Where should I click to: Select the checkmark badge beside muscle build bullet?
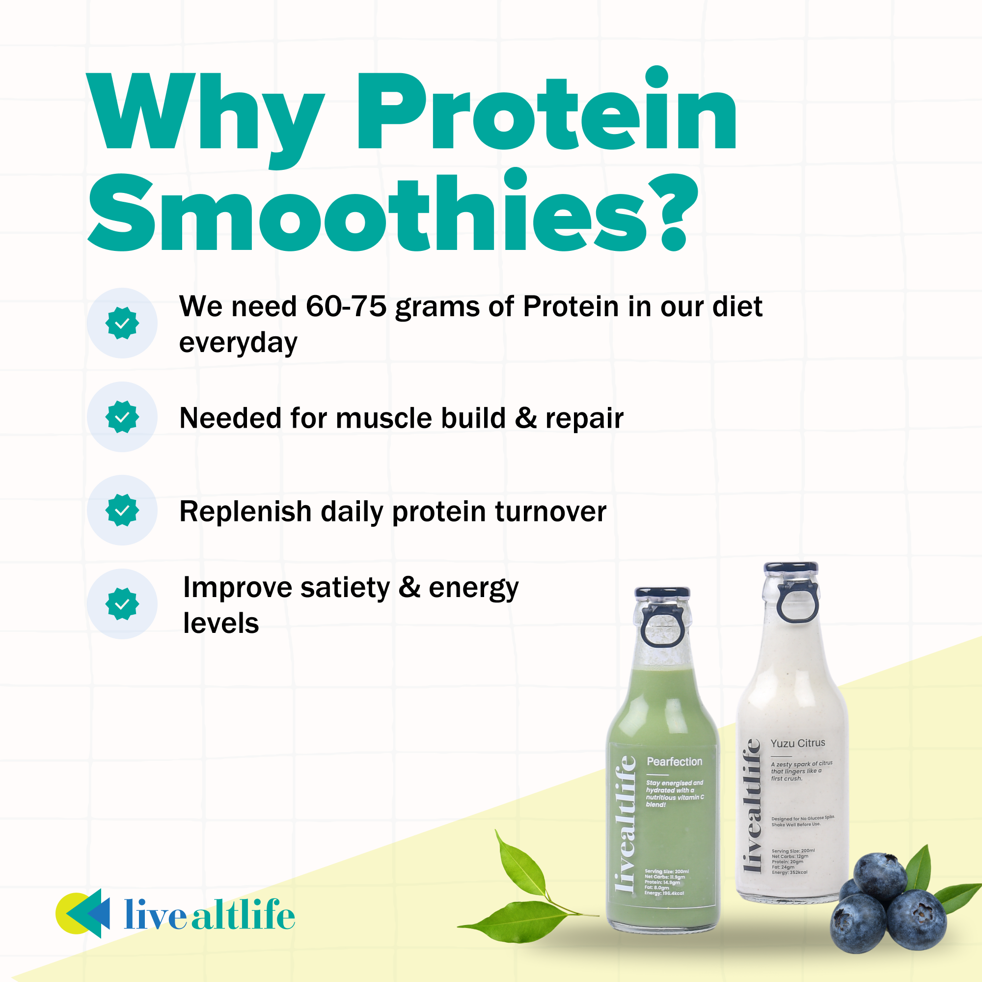pyautogui.click(x=122, y=417)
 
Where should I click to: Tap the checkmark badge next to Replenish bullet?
pyautogui.click(x=122, y=510)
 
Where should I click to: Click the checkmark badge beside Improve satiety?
pyautogui.click(x=122, y=604)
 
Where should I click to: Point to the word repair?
pyautogui.click(x=584, y=419)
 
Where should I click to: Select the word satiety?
pyautogui.click(x=345, y=588)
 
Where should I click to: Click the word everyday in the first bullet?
pyautogui.click(x=238, y=343)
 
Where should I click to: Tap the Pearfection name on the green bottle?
pyautogui.click(x=675, y=762)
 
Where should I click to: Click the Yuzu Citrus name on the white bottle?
pyautogui.click(x=797, y=743)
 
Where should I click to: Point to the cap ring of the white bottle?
pyautogui.click(x=798, y=602)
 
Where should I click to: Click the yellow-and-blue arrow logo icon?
pyautogui.click(x=84, y=913)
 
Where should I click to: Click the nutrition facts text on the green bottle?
pyautogui.click(x=666, y=882)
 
